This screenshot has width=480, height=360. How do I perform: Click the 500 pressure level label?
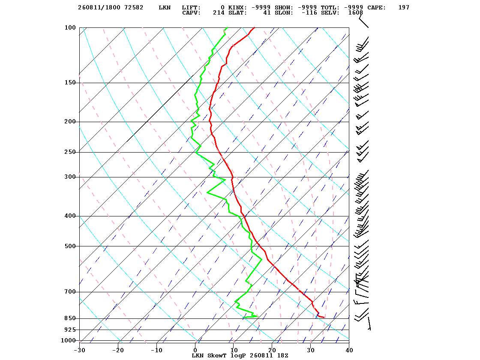click(x=70, y=246)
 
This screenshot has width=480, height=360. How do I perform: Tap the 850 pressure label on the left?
click(x=70, y=318)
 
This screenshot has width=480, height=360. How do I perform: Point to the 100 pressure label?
click(x=70, y=27)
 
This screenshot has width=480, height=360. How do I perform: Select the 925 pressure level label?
click(x=70, y=330)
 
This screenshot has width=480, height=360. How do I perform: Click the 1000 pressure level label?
click(x=68, y=340)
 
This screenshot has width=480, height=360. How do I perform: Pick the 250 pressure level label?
click(x=70, y=152)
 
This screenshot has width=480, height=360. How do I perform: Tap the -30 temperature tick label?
click(x=80, y=350)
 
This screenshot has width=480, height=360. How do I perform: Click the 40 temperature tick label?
click(x=349, y=350)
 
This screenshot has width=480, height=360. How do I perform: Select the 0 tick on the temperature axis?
click(x=195, y=350)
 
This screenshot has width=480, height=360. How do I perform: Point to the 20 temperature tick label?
click(x=272, y=350)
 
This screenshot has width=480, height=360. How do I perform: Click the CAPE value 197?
click(x=404, y=8)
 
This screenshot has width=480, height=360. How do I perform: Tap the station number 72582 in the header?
click(x=134, y=8)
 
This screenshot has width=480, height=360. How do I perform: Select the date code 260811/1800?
click(x=99, y=8)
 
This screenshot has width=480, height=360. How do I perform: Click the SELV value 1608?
click(x=355, y=13)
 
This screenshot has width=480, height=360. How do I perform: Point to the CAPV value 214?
click(x=219, y=13)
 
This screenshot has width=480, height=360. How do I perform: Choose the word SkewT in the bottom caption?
click(x=217, y=355)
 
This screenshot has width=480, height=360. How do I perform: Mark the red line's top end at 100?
click(x=255, y=27)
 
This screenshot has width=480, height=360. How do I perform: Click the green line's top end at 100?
click(x=228, y=27)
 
